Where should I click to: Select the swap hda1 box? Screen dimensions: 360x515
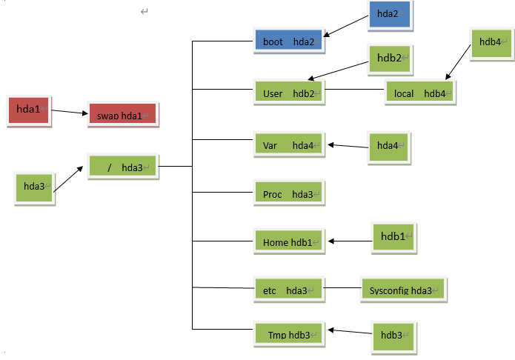[x=121, y=115]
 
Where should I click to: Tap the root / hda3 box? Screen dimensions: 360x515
[x=123, y=167]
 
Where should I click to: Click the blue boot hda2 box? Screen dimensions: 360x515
[x=288, y=41]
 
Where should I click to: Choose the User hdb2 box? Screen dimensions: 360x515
[x=288, y=93]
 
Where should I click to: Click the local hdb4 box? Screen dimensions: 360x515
[x=419, y=93]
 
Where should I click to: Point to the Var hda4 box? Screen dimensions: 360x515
[x=288, y=145]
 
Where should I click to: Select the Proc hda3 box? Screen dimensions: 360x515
[x=288, y=194]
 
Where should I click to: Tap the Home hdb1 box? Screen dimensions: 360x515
[x=288, y=241]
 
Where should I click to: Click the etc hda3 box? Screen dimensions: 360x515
[x=288, y=290]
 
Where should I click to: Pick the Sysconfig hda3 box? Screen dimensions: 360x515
[x=401, y=290]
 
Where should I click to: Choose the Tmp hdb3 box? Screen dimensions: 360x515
[x=288, y=335]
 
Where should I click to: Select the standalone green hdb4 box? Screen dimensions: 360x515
[x=491, y=43]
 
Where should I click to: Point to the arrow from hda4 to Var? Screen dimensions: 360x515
[x=348, y=145]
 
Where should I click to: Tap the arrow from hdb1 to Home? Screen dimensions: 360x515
[x=349, y=241]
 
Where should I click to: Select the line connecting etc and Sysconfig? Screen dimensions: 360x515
[x=342, y=289]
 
